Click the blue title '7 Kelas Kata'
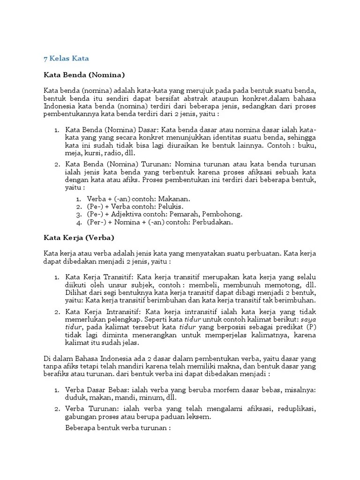click(x=66, y=59)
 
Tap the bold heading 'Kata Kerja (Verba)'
click(x=79, y=238)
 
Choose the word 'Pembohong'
click(x=222, y=214)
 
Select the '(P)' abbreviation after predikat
click(x=310, y=327)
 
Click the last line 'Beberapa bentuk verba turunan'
click(x=117, y=428)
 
